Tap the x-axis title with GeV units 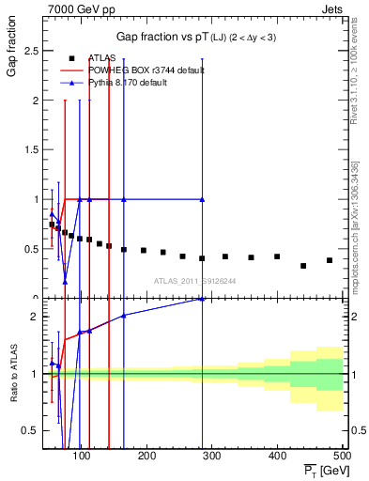[x=323, y=470]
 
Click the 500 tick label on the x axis [x=343, y=456]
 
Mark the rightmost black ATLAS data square [x=329, y=260]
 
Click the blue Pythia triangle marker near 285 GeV [x=202, y=199]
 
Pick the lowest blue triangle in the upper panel [x=65, y=281]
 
